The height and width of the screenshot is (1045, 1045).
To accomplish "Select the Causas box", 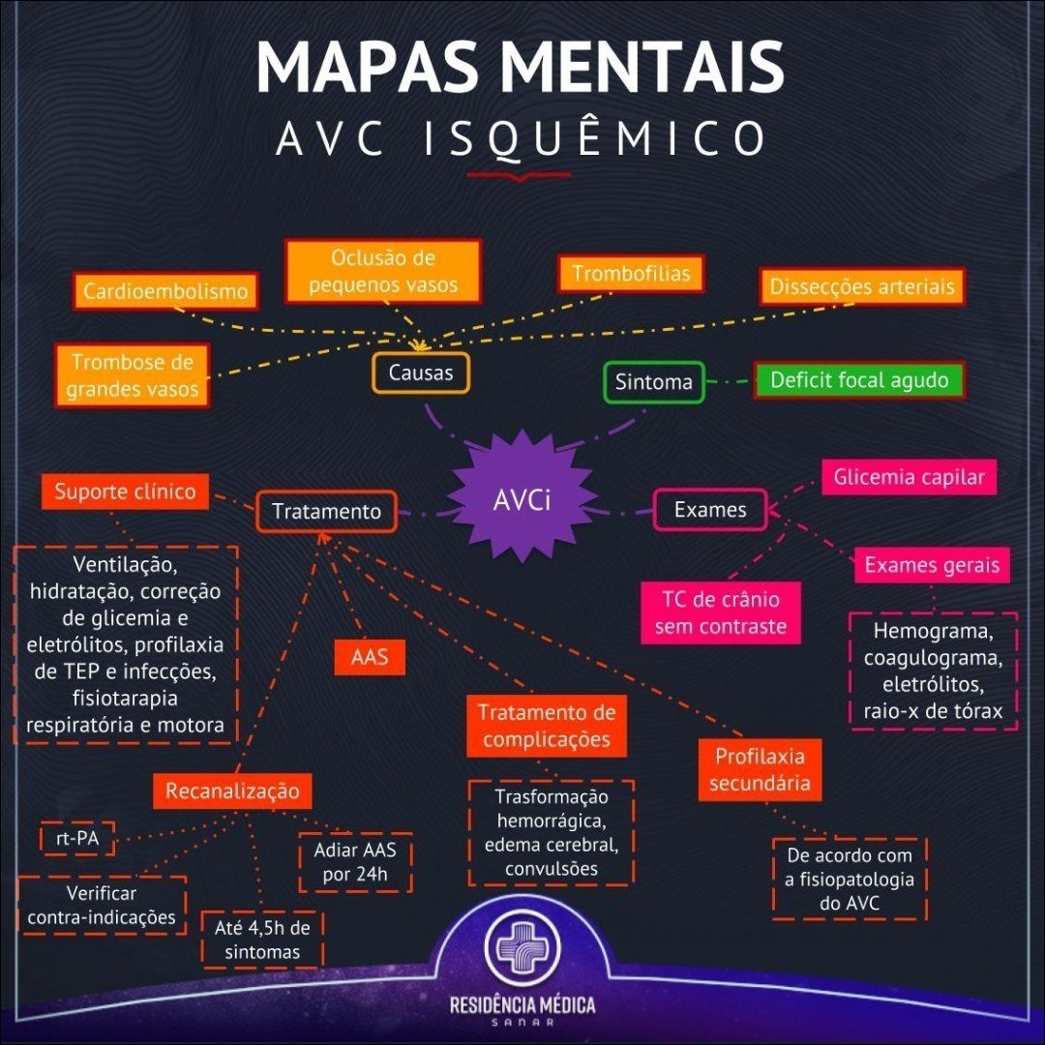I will click(x=421, y=373).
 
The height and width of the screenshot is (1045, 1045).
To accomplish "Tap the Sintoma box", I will click(x=654, y=382).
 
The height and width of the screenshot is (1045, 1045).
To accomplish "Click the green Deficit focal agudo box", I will click(x=859, y=380).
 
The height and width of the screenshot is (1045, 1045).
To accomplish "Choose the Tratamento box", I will click(x=326, y=511).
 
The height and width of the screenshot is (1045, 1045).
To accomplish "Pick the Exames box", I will click(x=710, y=510).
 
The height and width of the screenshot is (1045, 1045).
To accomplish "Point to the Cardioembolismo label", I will click(x=165, y=291).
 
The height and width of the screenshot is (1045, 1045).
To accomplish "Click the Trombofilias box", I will click(x=631, y=274).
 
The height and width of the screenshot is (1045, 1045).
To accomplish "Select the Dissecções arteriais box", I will click(x=861, y=286).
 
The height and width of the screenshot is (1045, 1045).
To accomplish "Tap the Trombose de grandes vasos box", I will click(x=132, y=375).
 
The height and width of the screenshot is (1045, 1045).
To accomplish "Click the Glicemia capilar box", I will click(x=909, y=477).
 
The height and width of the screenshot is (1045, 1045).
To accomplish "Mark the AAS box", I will click(x=369, y=657).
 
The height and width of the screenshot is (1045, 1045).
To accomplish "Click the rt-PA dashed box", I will click(x=76, y=839).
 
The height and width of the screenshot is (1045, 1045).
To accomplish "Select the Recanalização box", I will click(x=232, y=791).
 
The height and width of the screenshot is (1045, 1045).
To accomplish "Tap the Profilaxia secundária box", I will click(x=760, y=769).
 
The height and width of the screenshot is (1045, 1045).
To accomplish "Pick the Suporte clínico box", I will click(x=125, y=492).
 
